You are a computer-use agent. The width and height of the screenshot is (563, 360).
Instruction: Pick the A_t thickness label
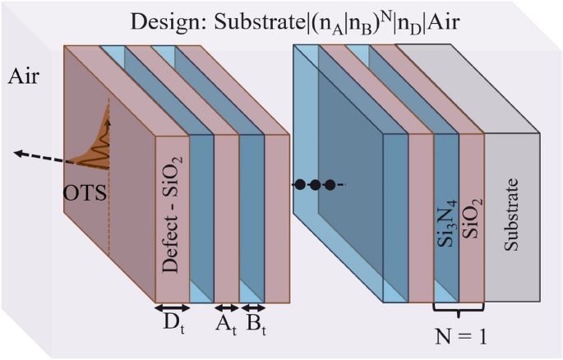coord(226,326)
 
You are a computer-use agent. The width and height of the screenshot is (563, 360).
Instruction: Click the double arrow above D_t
coord(173,309)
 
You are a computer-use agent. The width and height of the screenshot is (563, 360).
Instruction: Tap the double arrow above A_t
coord(226,309)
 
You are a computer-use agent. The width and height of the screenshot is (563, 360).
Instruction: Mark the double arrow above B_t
coord(252,309)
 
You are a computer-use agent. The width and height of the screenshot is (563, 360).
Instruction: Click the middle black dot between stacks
coord(314,185)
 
